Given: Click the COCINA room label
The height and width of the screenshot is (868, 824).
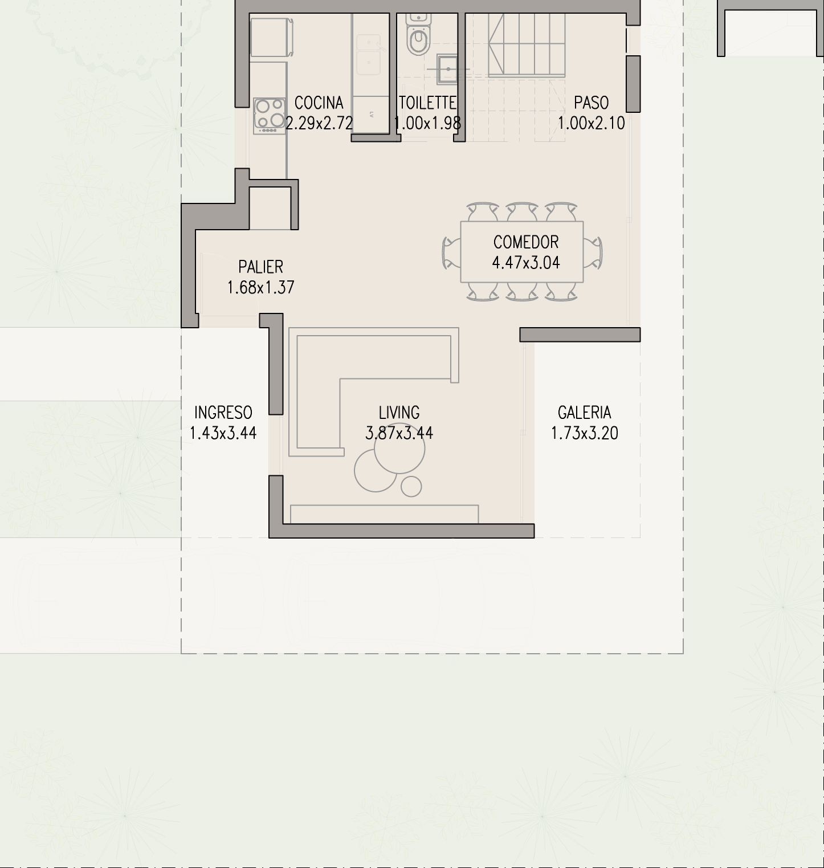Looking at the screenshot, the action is (319, 103).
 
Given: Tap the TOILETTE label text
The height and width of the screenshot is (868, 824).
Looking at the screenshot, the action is (427, 103).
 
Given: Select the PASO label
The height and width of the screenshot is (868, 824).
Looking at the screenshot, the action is (592, 103).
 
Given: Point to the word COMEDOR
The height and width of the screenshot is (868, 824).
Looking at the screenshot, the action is (526, 242).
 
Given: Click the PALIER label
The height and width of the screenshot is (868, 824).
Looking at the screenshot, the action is (261, 267).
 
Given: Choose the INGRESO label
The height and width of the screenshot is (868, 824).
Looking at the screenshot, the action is (223, 413).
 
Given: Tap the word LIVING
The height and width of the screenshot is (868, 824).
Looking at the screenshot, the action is (399, 413).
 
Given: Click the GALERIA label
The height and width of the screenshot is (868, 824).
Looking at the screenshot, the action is (585, 413).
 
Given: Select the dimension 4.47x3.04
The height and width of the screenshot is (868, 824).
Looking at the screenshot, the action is (526, 263).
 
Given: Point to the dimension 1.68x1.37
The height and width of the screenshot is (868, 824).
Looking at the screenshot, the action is (261, 288).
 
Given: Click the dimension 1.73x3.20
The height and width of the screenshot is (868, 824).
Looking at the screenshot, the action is (585, 433).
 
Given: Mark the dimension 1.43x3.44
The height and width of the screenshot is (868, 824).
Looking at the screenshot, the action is (223, 433).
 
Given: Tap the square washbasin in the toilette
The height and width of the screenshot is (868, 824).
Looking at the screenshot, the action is (448, 68).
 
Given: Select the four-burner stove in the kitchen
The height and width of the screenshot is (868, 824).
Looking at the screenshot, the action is (270, 116).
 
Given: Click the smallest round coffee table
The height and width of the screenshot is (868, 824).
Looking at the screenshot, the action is (411, 487).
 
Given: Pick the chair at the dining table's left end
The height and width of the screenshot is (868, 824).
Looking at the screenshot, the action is (451, 252).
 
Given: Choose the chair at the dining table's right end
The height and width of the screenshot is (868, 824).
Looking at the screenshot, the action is (593, 252).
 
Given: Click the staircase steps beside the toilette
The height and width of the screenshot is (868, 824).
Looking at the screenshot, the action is (527, 44).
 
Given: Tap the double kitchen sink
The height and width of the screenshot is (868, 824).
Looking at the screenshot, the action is (369, 55).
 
